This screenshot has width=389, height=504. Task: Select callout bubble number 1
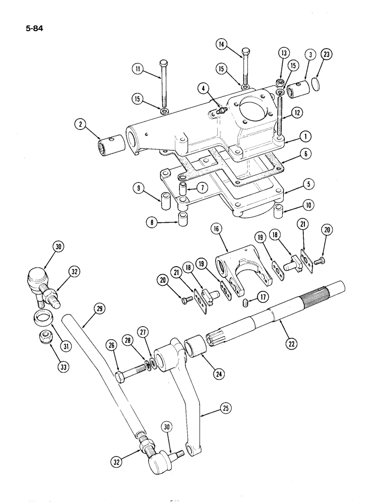coord(304,136)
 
